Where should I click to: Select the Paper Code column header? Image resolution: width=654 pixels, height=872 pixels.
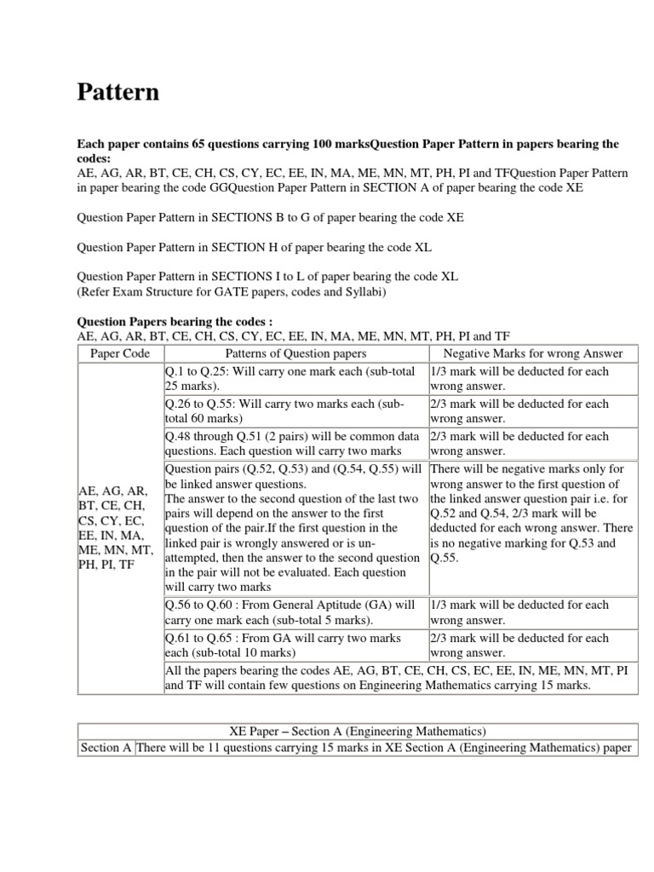(x=119, y=353)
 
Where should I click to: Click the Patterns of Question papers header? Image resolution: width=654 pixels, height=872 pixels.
(x=295, y=353)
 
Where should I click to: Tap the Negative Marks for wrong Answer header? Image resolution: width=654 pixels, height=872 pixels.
(x=534, y=353)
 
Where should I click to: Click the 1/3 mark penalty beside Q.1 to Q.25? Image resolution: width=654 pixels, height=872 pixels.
(x=532, y=379)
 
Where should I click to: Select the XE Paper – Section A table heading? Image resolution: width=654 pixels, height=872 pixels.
(x=357, y=731)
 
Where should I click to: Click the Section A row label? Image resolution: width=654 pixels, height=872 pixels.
(x=106, y=748)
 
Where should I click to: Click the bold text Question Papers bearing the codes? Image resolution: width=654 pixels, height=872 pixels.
(x=175, y=322)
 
